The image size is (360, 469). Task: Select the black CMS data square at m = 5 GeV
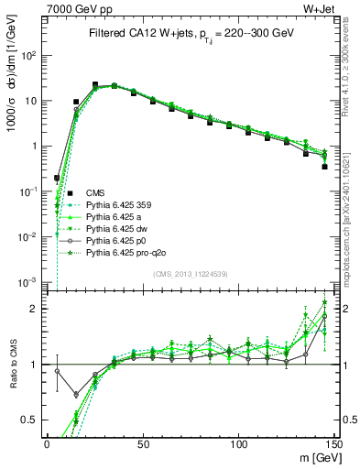[57, 178]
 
